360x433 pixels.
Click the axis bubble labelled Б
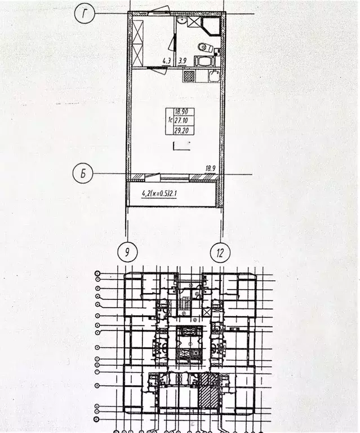[x=83, y=174]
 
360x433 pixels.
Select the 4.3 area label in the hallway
[x=166, y=60]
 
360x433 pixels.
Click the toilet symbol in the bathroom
[x=205, y=47]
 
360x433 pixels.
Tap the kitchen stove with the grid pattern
[x=189, y=76]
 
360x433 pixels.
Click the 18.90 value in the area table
[x=180, y=112]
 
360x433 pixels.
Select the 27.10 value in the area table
[x=180, y=121]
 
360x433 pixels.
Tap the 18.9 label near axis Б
[x=210, y=168]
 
